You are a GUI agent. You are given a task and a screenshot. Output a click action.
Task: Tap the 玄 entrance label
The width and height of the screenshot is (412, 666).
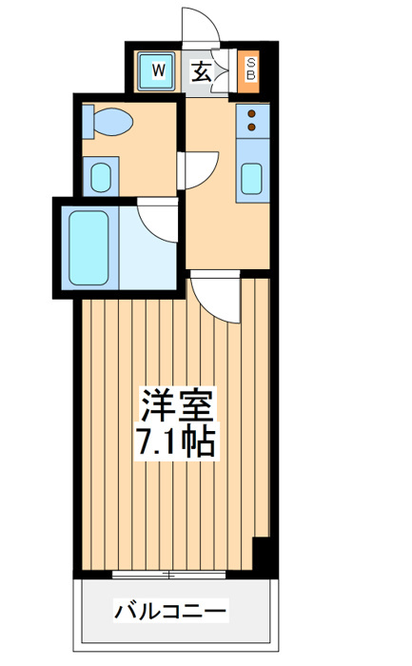(x=201, y=71)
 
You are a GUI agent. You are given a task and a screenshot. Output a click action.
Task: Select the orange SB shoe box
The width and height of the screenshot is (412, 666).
(x=248, y=71)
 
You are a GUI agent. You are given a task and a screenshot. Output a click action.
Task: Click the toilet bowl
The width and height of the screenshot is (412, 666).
(x=112, y=122)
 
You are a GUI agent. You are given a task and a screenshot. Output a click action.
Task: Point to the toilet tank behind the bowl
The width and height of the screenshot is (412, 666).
(x=88, y=122)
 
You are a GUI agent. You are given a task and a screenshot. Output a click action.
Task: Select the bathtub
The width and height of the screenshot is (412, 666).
(x=89, y=248)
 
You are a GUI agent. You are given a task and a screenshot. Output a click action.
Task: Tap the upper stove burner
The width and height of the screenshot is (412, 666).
(x=252, y=114)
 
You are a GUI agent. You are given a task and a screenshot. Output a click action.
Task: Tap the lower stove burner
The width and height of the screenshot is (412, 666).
(x=252, y=127)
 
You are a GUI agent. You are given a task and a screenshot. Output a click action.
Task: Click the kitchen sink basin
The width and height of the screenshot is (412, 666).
(x=252, y=179)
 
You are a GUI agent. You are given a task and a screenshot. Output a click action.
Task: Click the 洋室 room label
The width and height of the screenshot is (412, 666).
(x=177, y=404)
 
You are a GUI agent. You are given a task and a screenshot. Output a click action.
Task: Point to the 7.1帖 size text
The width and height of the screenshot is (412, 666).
(x=175, y=441)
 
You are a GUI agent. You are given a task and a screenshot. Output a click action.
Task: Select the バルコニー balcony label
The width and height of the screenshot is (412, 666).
(x=170, y=611)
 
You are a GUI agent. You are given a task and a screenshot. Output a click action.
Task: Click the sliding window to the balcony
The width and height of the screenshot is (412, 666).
(x=169, y=575)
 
